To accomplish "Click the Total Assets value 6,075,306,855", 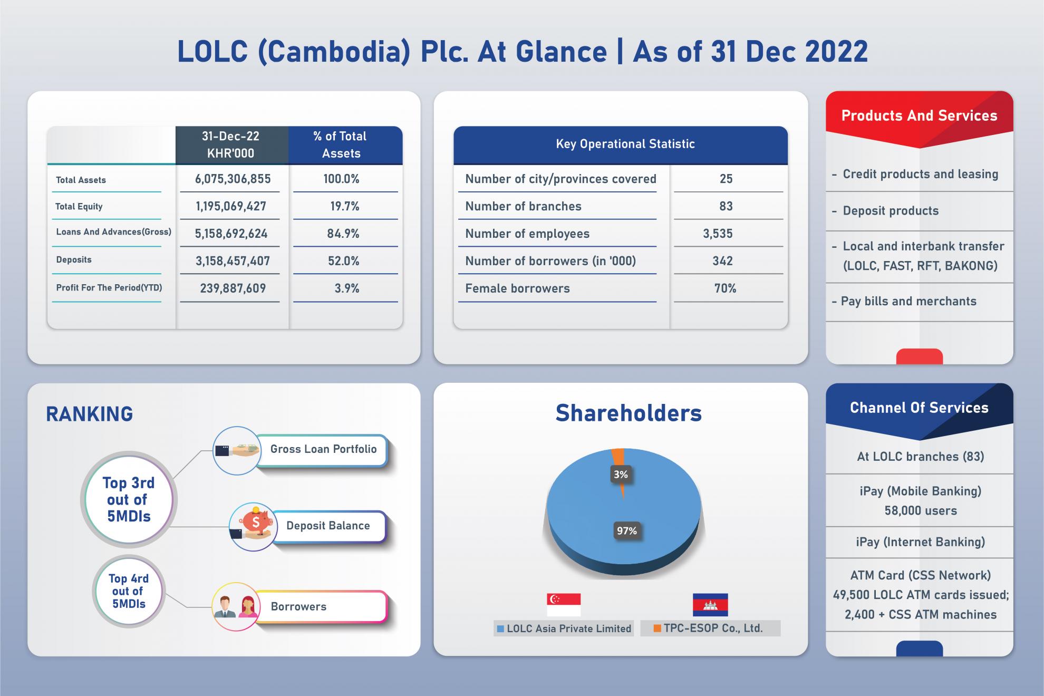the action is point(233,179).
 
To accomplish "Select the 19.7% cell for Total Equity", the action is point(345,206).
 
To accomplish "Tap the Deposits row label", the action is point(74,259).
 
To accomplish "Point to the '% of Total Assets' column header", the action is point(341,145).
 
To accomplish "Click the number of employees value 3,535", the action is point(718,234).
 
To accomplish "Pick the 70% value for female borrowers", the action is point(725,288).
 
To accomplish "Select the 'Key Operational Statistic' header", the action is point(625,144).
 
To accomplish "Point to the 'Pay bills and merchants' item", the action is point(904,301).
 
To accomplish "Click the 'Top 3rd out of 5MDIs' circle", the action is point(129,499).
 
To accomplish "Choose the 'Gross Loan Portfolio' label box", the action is point(322,450).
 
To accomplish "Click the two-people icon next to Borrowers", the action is point(236,606).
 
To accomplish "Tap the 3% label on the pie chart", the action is point(621,475).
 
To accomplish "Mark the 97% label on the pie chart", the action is point(627,530).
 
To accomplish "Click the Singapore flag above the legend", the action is point(564,605).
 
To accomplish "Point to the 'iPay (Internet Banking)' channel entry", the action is point(920,542).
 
